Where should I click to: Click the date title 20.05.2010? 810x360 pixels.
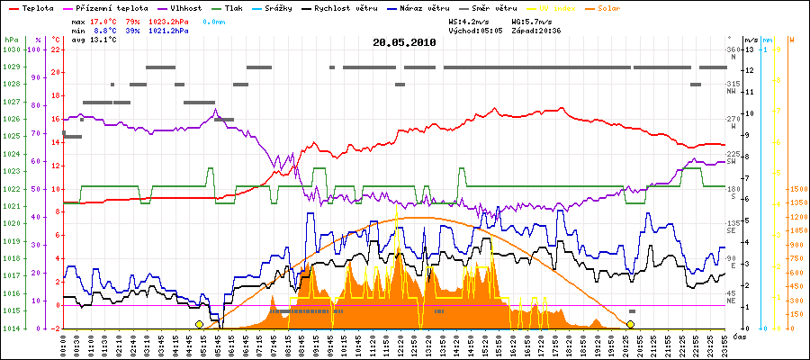404,42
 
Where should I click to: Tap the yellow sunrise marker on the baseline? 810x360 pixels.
199,324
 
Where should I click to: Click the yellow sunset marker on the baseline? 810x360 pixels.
631,324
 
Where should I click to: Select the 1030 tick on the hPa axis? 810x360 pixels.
11,49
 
